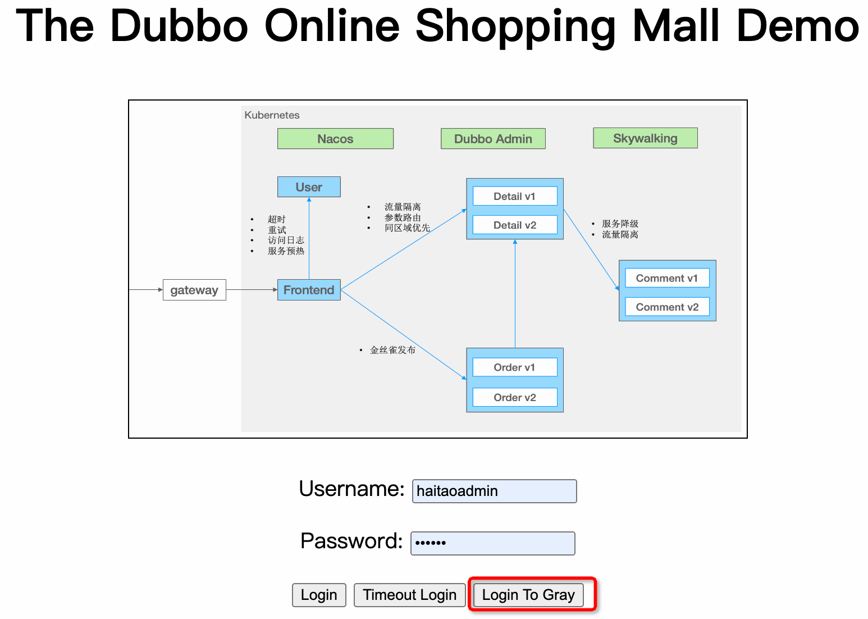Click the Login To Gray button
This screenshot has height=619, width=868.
[528, 595]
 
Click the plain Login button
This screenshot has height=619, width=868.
[319, 595]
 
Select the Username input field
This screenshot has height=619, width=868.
[494, 491]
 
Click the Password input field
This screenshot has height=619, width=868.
[492, 543]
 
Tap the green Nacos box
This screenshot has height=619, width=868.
[335, 139]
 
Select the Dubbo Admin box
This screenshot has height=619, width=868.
[493, 139]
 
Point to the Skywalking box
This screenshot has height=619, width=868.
[645, 138]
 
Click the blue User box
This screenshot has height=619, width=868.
[309, 187]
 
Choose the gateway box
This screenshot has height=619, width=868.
[194, 290]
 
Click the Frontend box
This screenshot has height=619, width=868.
[309, 290]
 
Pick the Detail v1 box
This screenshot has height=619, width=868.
[515, 196]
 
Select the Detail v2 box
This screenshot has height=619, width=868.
[515, 225]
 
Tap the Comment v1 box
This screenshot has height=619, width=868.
[667, 278]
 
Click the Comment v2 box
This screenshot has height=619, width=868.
[667, 307]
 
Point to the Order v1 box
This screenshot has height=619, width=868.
[515, 367]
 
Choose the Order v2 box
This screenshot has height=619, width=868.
[515, 397]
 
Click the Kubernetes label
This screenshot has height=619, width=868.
[272, 115]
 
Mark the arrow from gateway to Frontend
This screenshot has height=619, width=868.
[252, 290]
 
